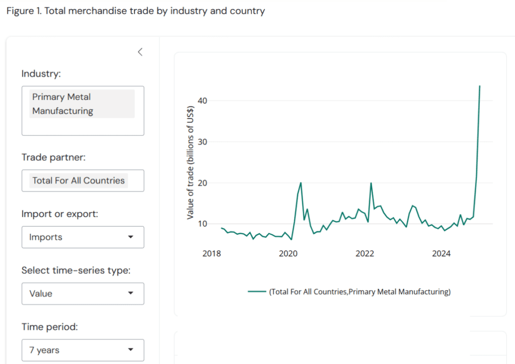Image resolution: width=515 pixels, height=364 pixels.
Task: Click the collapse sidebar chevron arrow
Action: click(x=140, y=52)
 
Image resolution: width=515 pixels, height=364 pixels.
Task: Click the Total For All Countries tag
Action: click(x=78, y=180)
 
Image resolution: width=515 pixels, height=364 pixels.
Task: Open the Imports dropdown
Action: click(x=82, y=237)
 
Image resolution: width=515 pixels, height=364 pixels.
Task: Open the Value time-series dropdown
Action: click(x=82, y=294)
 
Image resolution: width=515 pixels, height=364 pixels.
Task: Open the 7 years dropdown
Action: click(x=82, y=350)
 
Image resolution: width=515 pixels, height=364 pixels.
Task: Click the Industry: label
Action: click(x=41, y=74)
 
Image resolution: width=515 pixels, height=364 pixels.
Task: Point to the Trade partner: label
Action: click(x=53, y=157)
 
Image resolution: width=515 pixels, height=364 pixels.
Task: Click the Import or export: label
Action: click(x=59, y=214)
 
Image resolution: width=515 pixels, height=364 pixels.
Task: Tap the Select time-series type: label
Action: click(x=75, y=270)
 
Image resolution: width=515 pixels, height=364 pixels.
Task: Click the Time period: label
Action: click(x=49, y=327)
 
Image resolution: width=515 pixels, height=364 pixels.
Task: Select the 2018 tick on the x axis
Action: click(x=212, y=253)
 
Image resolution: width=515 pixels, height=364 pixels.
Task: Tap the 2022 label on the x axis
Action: click(x=365, y=253)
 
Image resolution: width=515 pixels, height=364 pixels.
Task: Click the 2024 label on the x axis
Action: click(x=442, y=253)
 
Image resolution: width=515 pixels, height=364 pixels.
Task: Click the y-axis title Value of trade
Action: click(x=190, y=162)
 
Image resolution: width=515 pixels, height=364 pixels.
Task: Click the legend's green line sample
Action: click(x=256, y=292)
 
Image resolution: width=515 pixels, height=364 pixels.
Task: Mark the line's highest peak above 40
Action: click(x=480, y=86)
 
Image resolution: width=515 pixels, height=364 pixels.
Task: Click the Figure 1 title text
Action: click(x=135, y=11)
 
